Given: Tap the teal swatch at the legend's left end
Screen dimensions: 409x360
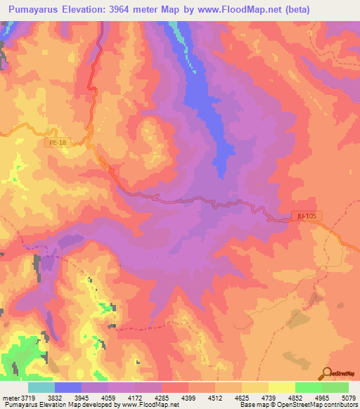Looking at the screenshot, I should (x=41, y=387).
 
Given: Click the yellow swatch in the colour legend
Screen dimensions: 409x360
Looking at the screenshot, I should (x=281, y=387).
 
